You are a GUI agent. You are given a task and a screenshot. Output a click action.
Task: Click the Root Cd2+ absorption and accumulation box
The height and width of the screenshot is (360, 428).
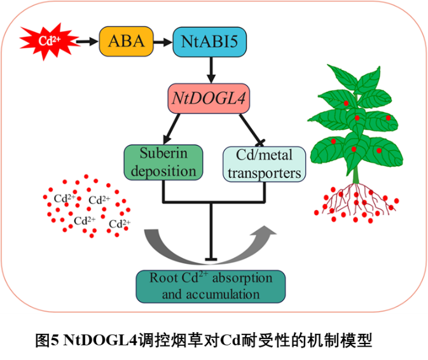[211, 286]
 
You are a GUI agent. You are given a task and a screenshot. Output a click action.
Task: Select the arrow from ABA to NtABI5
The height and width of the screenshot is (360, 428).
[163, 41]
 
